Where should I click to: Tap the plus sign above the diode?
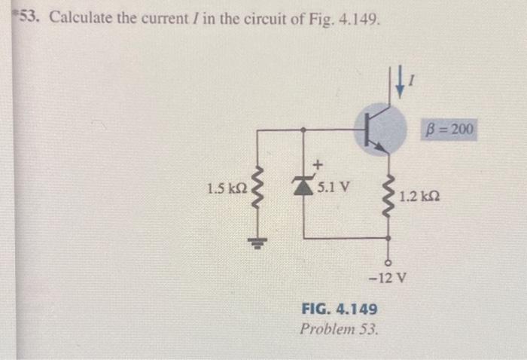coord(318,163)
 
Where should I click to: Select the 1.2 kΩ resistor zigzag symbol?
coord(389,194)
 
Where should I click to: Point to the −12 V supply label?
coord(389,276)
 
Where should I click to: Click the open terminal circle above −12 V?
coord(389,261)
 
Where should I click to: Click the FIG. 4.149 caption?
coord(339,310)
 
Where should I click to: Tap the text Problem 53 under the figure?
coord(340,329)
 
